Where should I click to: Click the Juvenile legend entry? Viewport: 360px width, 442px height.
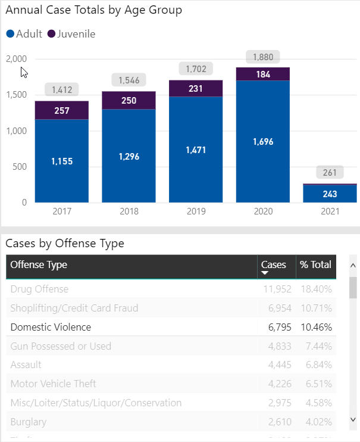pyautogui.click(x=71, y=34)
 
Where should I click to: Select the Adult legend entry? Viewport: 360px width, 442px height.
pyautogui.click(x=24, y=34)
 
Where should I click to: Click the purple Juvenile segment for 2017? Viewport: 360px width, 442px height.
pyautogui.click(x=61, y=110)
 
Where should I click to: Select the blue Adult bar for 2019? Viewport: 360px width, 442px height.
pyautogui.click(x=195, y=150)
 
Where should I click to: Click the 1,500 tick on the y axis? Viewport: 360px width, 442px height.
pyautogui.click(x=16, y=95)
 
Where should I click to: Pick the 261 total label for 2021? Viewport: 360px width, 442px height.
pyautogui.click(x=330, y=173)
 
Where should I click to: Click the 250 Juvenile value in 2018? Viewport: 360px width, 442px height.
pyautogui.click(x=129, y=101)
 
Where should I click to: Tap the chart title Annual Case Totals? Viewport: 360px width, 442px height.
pyautogui.click(x=94, y=10)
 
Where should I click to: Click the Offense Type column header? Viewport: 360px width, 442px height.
pyautogui.click(x=39, y=265)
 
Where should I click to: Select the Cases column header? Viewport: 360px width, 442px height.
pyautogui.click(x=274, y=265)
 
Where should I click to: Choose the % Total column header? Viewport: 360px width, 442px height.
pyautogui.click(x=316, y=265)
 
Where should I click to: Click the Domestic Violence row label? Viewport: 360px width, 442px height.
pyautogui.click(x=51, y=327)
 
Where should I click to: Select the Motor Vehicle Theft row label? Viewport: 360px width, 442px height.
pyautogui.click(x=53, y=384)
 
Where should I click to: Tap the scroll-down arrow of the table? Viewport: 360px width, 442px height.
pyautogui.click(x=353, y=419)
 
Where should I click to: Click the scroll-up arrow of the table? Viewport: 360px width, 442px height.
pyautogui.click(x=353, y=266)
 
